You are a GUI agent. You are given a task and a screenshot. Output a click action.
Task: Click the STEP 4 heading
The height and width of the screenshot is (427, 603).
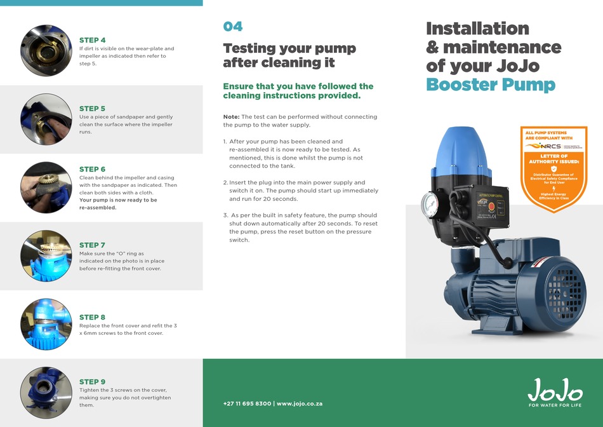(x=92, y=40)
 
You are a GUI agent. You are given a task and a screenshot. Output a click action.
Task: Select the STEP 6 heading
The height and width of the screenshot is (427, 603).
(x=92, y=170)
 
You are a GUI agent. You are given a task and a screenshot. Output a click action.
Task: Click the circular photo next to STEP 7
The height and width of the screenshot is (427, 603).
(x=46, y=255)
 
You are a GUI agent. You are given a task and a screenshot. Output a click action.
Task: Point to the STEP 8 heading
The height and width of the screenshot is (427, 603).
(x=92, y=317)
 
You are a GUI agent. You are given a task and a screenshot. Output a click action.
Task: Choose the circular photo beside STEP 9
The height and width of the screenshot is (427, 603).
(x=46, y=393)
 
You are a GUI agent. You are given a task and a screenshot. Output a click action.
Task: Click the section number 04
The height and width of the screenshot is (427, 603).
(x=232, y=27)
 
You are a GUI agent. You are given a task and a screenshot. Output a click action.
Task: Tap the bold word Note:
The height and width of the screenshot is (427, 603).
(x=231, y=117)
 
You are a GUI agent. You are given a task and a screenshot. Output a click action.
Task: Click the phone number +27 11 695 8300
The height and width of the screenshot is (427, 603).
(x=247, y=404)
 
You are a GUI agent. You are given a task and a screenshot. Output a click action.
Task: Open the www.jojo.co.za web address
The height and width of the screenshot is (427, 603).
(x=300, y=404)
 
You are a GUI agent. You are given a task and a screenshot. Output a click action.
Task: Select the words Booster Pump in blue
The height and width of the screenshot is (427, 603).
(x=490, y=85)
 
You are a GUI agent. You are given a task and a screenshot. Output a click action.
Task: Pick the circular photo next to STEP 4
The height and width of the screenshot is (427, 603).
(x=46, y=51)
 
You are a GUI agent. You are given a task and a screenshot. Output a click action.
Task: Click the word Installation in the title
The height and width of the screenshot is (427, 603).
(x=477, y=29)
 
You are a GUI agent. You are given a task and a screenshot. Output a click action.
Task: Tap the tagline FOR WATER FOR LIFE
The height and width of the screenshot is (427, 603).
(x=555, y=405)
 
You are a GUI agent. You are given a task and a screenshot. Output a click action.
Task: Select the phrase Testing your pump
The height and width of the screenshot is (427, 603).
(x=289, y=49)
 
